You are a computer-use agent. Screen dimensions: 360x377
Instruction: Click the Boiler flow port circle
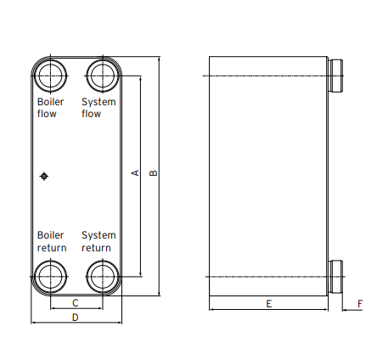click(x=51, y=75)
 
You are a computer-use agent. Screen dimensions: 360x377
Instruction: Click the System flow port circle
click(x=102, y=75)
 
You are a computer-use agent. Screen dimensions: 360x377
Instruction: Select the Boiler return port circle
click(x=51, y=277)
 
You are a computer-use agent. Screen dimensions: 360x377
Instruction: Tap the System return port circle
click(x=102, y=277)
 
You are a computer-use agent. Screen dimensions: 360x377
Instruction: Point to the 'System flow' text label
click(x=98, y=108)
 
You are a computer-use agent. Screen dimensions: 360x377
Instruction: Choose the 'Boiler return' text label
click(x=52, y=241)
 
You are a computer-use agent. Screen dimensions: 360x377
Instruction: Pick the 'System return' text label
click(x=98, y=241)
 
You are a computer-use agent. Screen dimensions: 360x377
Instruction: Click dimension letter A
click(x=134, y=173)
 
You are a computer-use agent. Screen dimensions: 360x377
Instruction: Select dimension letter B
click(x=153, y=173)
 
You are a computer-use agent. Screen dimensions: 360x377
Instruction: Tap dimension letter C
click(x=76, y=302)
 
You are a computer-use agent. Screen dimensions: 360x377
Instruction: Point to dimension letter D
click(x=75, y=318)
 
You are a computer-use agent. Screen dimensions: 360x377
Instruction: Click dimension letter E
click(x=268, y=303)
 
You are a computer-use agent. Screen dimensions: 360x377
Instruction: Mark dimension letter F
click(x=360, y=303)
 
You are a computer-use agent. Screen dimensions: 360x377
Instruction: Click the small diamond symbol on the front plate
click(x=45, y=176)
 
